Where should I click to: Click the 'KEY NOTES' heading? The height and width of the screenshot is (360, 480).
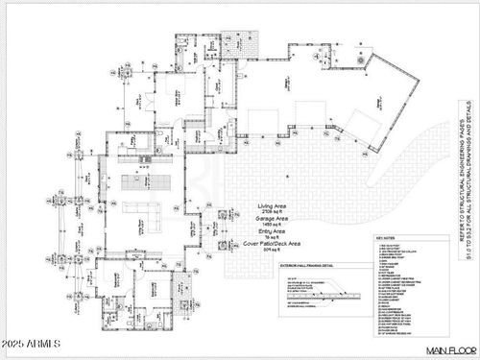388,247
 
